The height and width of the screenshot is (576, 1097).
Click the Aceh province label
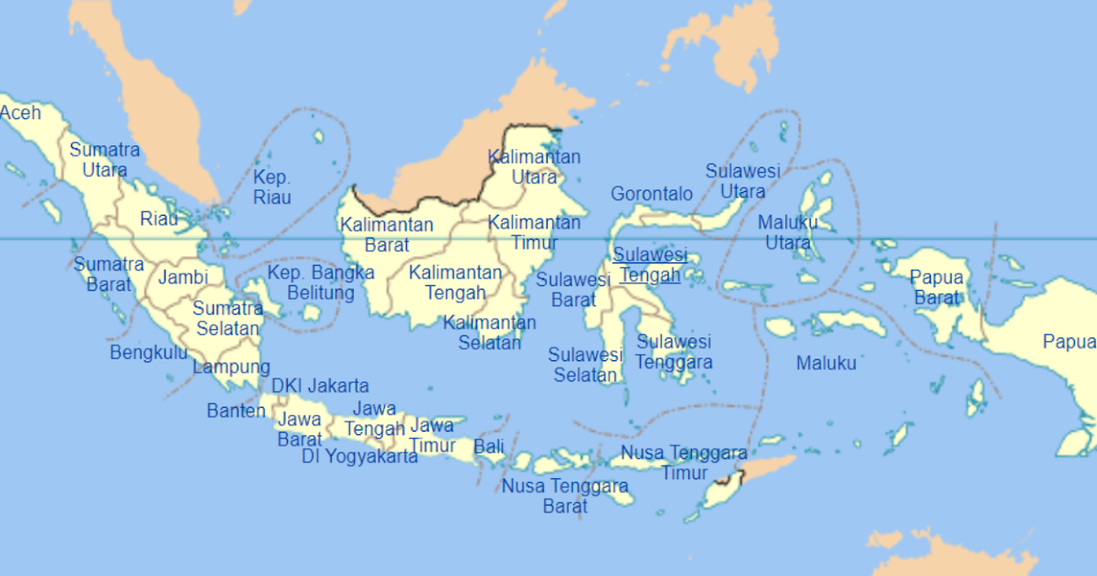(x=20, y=112)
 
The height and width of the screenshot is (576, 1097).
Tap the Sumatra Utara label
(x=104, y=159)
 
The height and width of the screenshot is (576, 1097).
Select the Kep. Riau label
(x=272, y=187)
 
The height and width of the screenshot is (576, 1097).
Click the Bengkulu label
(x=149, y=352)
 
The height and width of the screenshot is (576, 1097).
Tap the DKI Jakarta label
(x=320, y=386)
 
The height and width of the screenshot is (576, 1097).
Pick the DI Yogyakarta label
(x=359, y=456)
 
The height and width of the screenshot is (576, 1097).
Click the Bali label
(x=488, y=447)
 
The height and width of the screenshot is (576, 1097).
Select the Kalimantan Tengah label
(x=455, y=283)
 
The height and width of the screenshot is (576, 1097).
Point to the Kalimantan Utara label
(x=534, y=166)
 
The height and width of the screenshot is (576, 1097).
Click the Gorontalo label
(x=651, y=194)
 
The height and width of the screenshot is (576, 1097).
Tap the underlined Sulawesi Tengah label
(x=648, y=264)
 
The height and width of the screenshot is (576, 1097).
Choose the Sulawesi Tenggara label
(x=674, y=352)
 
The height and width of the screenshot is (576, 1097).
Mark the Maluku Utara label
(x=787, y=232)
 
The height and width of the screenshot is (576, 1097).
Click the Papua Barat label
(x=937, y=287)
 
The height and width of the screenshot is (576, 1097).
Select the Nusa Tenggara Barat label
(x=564, y=496)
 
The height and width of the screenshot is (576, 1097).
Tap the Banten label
(x=236, y=411)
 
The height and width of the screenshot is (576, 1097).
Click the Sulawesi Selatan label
(x=585, y=364)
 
